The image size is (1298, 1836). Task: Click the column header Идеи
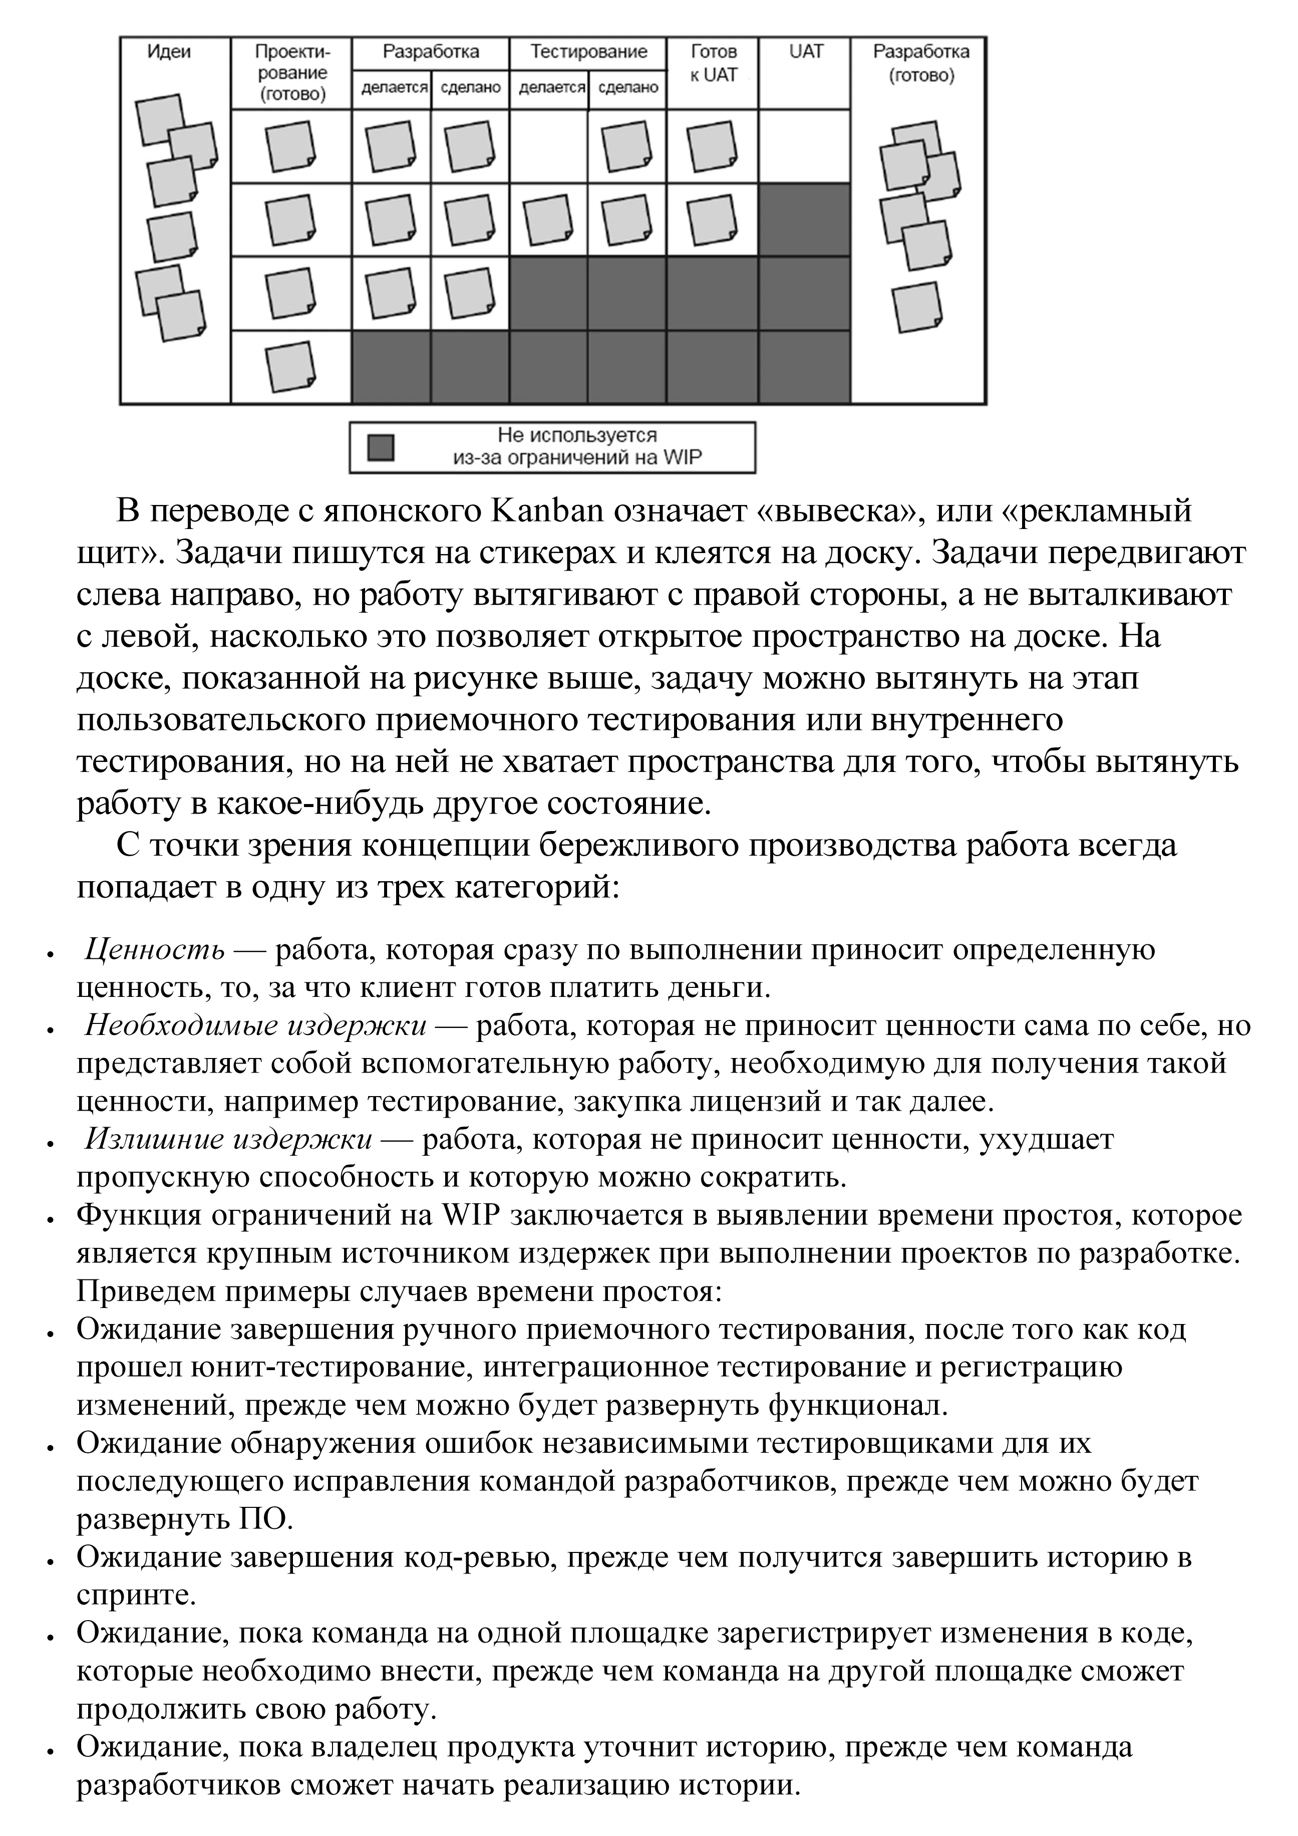tap(169, 53)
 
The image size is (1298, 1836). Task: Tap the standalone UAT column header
tap(805, 53)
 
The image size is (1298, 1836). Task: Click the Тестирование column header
tap(589, 53)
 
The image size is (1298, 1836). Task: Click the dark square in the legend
tap(381, 448)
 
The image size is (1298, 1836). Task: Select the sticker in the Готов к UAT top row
tap(711, 146)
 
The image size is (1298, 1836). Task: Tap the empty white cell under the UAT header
tap(805, 146)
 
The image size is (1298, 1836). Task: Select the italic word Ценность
tap(154, 950)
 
